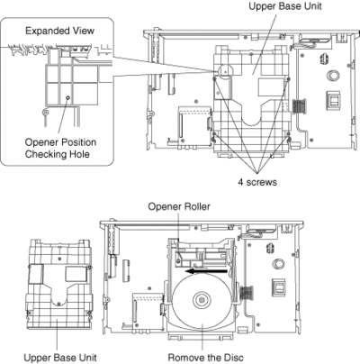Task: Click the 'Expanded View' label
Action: (59, 31)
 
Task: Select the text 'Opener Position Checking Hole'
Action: (60, 148)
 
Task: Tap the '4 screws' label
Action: (257, 182)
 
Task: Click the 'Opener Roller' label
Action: (179, 206)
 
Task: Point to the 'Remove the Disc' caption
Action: (205, 358)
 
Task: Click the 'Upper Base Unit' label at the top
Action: (285, 6)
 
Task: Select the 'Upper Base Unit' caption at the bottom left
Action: (60, 358)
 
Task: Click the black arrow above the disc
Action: (206, 271)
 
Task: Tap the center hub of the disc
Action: (202, 299)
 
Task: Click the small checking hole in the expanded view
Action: (67, 97)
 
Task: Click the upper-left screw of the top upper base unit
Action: (214, 78)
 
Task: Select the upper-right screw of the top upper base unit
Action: (289, 78)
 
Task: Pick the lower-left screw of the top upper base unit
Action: (214, 134)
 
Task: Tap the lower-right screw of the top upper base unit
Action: (289, 134)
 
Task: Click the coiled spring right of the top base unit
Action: (298, 106)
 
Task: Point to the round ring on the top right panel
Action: (333, 75)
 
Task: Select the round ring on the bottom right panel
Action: (279, 264)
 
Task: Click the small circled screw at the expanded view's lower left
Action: (45, 113)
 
